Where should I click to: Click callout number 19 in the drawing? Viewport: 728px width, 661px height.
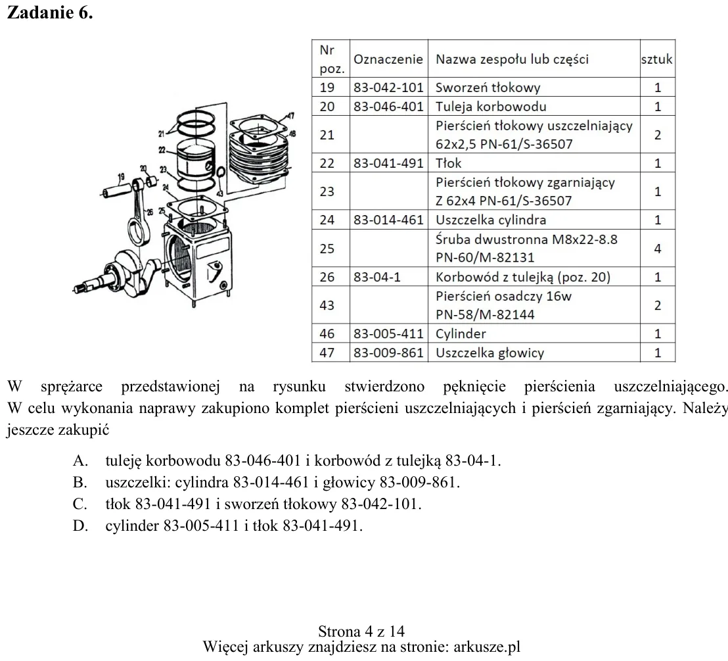[x=121, y=177]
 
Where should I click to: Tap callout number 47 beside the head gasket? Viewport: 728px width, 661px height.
[x=290, y=116]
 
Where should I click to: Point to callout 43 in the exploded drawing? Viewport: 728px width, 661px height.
[x=219, y=193]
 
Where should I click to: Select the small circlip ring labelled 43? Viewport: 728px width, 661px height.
[x=221, y=172]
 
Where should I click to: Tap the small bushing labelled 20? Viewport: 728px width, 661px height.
[x=151, y=181]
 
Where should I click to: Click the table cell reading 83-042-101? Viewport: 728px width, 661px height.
[x=388, y=87]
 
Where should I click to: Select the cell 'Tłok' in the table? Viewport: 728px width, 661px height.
[x=449, y=163]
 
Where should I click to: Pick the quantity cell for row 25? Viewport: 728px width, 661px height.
[x=658, y=249]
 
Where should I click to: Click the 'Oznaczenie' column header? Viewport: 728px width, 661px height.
[x=388, y=59]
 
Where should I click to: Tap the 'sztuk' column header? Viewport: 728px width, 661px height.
[x=657, y=59]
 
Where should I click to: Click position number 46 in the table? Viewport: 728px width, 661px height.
[x=327, y=333]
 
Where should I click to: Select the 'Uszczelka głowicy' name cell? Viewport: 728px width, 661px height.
[x=489, y=353]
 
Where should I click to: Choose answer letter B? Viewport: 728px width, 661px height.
[x=80, y=483]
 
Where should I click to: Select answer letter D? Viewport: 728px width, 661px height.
[x=80, y=526]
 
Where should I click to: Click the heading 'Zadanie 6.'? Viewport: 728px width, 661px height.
[x=50, y=12]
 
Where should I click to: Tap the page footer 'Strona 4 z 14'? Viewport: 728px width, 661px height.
[x=361, y=631]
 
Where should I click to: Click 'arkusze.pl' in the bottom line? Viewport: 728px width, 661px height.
[x=487, y=647]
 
